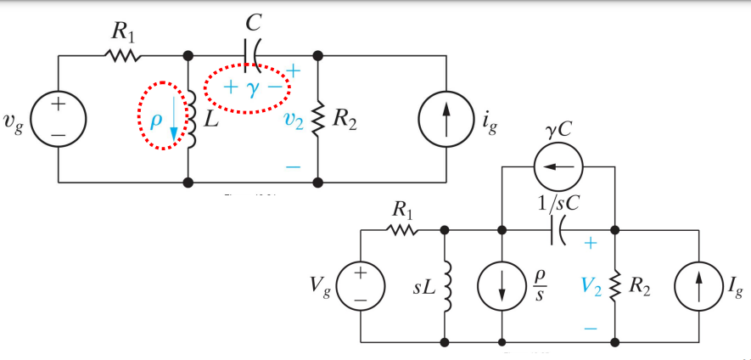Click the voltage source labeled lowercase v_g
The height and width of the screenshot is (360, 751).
click(57, 118)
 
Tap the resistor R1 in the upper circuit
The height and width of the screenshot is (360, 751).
click(122, 55)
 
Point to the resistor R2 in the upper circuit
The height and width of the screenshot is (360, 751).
click(318, 120)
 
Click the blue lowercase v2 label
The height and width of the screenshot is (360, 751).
click(294, 120)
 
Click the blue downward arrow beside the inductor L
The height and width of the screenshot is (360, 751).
click(175, 120)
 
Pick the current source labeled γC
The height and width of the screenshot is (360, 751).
click(557, 167)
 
